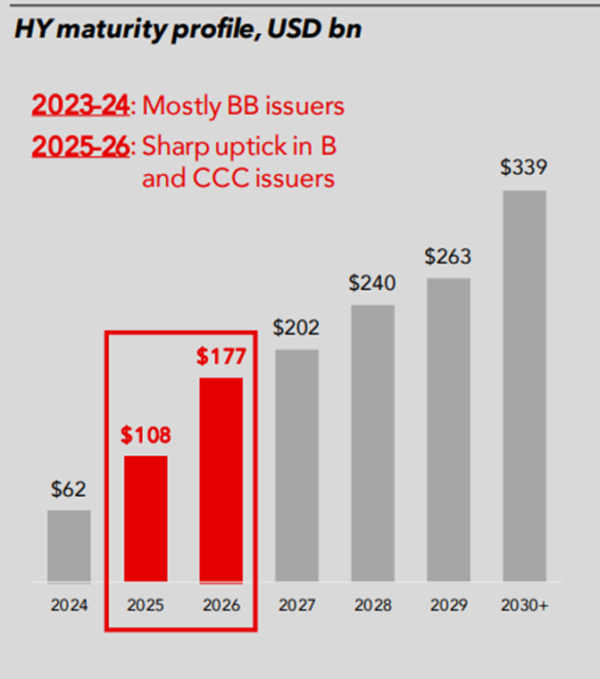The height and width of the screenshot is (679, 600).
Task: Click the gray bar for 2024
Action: pos(69,546)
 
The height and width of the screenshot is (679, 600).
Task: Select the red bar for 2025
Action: pos(146,518)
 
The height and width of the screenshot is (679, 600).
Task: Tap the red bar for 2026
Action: pos(221,480)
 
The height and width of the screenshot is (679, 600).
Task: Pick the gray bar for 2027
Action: pos(296,466)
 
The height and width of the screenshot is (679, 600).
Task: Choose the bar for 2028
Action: pos(372,443)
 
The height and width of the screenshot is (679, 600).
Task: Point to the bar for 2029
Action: pos(447,430)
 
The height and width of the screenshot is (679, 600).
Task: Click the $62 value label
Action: pos(69,489)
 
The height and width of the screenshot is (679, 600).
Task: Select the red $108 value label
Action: pos(146,435)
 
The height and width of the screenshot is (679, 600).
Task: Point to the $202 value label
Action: pos(296,328)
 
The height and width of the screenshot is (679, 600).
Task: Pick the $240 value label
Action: pos(372,284)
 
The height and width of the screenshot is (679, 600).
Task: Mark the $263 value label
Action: pos(447,257)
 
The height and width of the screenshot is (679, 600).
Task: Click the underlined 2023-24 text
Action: pos(81,105)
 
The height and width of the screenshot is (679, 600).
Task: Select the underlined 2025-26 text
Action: pos(81,145)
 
